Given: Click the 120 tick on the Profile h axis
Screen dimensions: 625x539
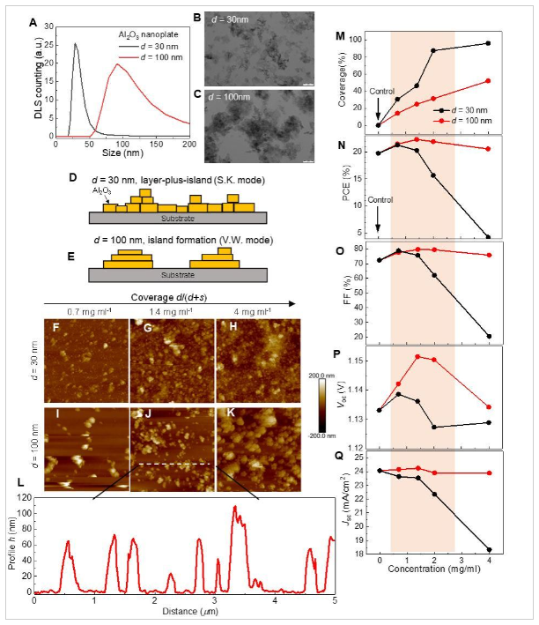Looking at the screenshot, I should [25, 499].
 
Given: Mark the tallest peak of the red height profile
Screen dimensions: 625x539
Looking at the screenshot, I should [234, 507].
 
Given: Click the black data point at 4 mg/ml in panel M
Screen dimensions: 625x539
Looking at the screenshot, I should [488, 43].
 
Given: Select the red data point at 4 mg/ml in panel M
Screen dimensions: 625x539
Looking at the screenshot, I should [488, 81].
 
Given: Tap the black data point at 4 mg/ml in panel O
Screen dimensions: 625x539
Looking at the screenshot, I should [488, 336].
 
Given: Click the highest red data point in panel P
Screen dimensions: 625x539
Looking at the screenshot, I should [417, 356].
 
